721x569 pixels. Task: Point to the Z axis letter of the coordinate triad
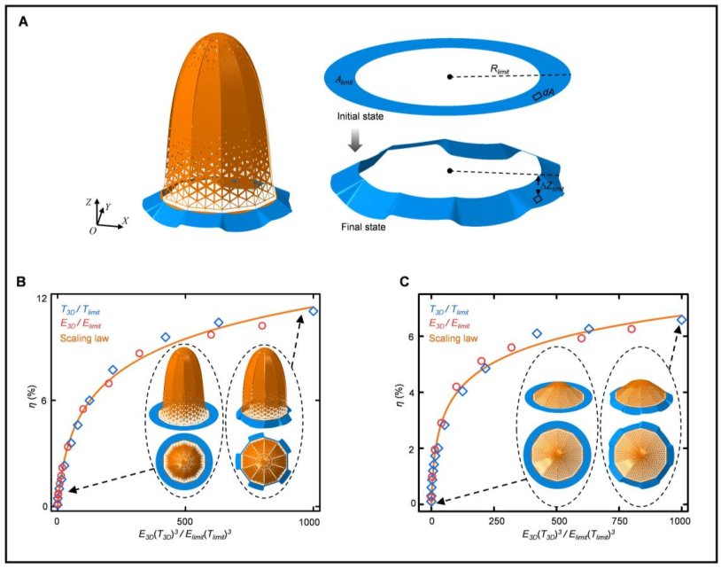(87, 202)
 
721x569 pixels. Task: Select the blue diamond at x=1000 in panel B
(313, 311)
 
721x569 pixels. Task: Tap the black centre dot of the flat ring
(450, 78)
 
